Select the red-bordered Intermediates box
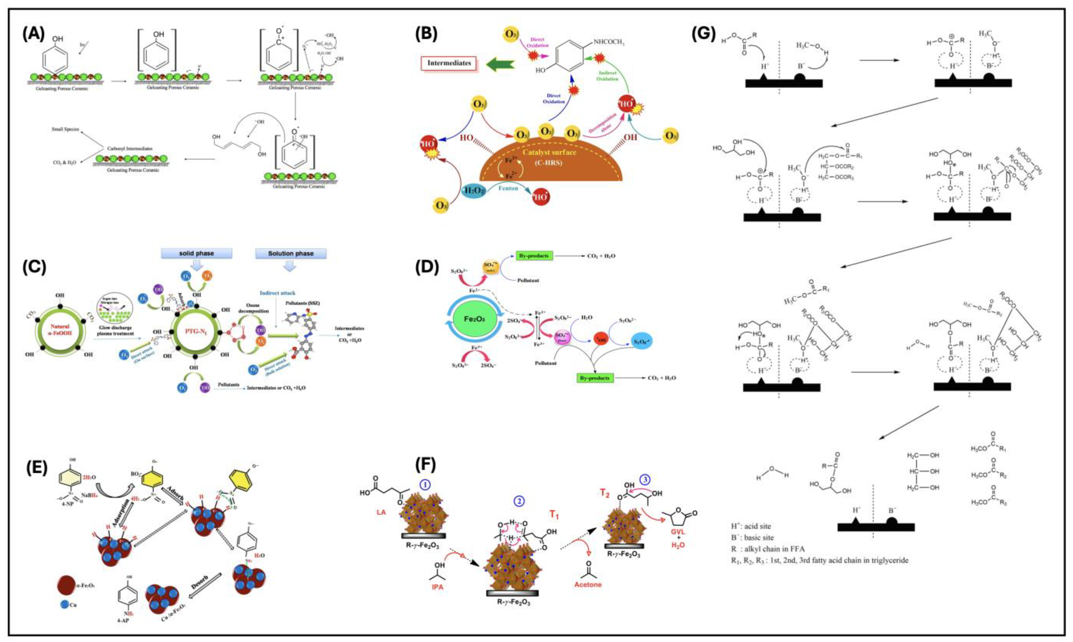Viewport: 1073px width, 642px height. click(x=449, y=63)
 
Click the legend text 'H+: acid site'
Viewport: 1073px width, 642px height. click(x=751, y=527)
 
